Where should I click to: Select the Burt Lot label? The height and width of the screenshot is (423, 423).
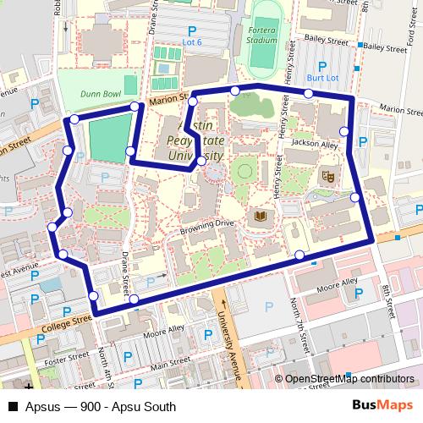(322, 78)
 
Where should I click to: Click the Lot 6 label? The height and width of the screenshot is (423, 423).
(193, 41)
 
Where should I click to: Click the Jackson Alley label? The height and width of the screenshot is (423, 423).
(314, 145)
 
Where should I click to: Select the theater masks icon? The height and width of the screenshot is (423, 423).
(327, 176)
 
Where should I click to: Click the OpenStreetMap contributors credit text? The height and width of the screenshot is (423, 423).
(349, 380)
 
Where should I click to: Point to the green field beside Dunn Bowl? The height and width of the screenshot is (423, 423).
(107, 140)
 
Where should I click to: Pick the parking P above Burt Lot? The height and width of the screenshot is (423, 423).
(321, 65)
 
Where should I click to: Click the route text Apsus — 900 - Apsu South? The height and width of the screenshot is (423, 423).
(100, 407)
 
